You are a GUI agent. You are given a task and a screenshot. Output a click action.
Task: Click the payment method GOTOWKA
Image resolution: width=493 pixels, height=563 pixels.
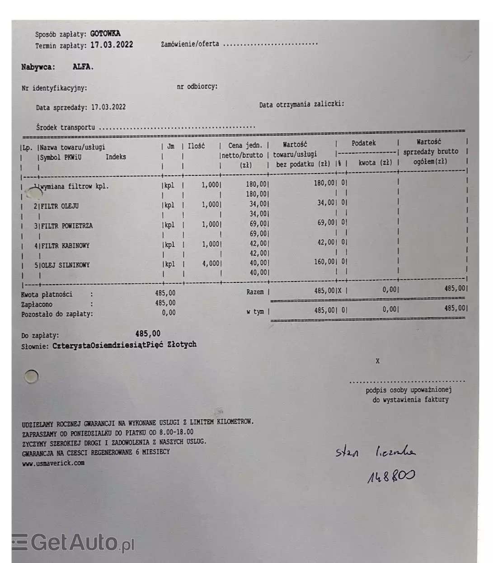(105, 33)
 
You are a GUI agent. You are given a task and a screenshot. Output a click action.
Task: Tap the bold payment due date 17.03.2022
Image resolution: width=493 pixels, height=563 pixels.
(112, 45)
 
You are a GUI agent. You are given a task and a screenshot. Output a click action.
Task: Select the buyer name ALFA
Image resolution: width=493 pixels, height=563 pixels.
(83, 67)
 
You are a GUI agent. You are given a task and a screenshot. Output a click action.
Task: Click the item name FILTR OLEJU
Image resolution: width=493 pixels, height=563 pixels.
(60, 206)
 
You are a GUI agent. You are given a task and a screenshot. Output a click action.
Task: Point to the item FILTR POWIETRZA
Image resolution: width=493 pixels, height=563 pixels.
(66, 226)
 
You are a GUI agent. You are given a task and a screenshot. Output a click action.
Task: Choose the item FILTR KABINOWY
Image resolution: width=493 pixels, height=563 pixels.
(65, 246)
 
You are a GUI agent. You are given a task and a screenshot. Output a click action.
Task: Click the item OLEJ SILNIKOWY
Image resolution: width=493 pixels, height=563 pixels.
(65, 265)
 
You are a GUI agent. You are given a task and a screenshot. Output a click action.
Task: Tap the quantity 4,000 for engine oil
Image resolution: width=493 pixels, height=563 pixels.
(211, 263)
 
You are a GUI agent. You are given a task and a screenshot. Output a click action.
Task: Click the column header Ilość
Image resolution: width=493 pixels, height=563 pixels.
(196, 146)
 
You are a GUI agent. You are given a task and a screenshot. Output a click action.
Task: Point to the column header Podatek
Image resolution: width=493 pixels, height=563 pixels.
(364, 143)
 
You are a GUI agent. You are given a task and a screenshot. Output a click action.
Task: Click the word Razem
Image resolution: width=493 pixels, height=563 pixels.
(255, 292)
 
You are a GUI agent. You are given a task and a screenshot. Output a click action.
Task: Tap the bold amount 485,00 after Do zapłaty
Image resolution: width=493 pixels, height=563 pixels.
(148, 334)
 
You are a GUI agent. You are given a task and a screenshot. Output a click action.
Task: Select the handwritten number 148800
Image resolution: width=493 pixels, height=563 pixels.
(391, 476)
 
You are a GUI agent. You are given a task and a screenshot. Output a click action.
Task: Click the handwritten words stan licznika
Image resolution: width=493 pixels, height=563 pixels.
(375, 451)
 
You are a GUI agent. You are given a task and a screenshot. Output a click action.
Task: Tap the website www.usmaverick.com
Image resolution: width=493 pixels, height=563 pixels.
(53, 463)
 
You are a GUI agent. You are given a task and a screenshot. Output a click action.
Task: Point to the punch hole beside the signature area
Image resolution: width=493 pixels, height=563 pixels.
(32, 376)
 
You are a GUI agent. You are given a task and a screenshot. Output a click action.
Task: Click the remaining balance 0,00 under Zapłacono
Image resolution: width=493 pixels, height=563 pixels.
(169, 313)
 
